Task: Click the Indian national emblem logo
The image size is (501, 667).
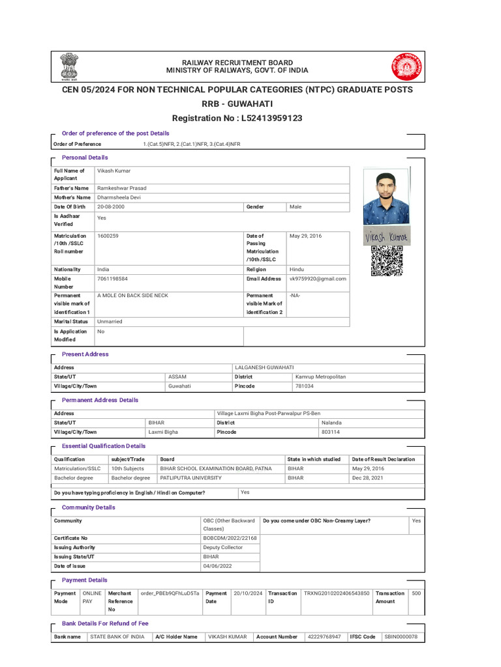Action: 69,66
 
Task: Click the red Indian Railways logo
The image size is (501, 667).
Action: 406,66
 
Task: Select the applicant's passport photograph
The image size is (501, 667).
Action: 386,198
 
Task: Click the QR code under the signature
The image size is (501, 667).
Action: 386,261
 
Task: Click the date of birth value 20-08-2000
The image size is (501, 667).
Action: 111,206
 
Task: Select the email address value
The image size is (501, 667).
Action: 318,279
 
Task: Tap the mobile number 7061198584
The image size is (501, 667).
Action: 112,279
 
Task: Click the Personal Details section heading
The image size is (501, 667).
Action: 85,158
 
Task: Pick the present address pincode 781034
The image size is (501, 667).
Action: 304,386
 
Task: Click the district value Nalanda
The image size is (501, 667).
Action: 331,423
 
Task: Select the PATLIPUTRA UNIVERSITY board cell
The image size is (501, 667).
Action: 190,477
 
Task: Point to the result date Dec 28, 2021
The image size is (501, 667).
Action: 367,477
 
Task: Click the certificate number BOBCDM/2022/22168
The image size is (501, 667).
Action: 230,538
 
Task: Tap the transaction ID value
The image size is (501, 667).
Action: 337,593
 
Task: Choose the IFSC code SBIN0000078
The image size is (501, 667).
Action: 401,636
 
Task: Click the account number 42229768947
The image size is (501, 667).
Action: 324,636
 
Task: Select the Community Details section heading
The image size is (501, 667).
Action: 88,507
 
